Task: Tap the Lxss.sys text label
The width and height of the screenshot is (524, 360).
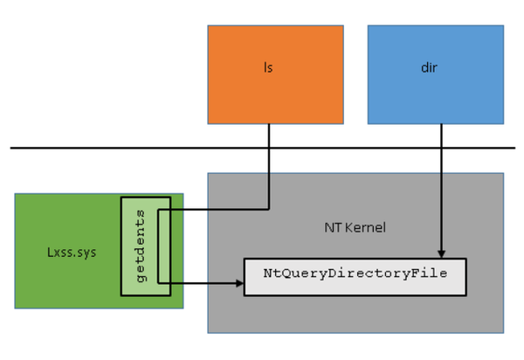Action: pyautogui.click(x=71, y=252)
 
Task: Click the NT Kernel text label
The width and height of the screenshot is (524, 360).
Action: pyautogui.click(x=355, y=227)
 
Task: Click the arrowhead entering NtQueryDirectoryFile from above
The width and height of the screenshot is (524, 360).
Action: pyautogui.click(x=441, y=253)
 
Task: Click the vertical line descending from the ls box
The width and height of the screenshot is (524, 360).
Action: pyautogui.click(x=268, y=175)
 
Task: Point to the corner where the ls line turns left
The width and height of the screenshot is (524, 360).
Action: pyautogui.click(x=268, y=209)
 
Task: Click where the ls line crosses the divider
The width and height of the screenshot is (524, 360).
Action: pyautogui.click(x=268, y=148)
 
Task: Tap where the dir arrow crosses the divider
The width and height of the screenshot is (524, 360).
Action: pyautogui.click(x=441, y=148)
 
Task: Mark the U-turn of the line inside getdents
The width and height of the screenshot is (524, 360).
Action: pyautogui.click(x=159, y=246)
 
